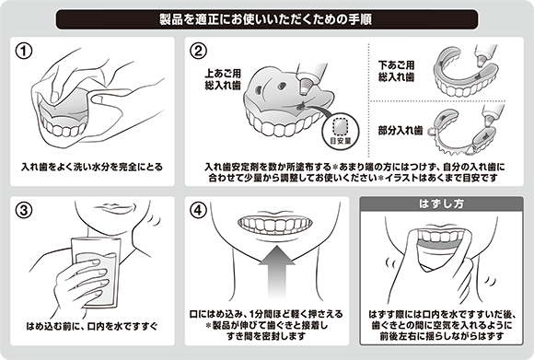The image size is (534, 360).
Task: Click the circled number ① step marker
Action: [24, 52]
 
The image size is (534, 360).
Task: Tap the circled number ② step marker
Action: [198, 52]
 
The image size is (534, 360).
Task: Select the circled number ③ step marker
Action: [24, 210]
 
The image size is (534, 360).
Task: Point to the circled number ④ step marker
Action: [198, 210]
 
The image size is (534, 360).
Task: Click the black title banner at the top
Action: [267, 19]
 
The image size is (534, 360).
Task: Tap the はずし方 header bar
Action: [441, 203]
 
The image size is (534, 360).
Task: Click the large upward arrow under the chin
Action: [277, 272]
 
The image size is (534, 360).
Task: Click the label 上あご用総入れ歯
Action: [223, 79]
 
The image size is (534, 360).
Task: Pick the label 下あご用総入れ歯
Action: [397, 71]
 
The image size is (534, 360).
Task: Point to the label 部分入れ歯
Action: [400, 130]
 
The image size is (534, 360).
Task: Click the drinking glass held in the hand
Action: [96, 273]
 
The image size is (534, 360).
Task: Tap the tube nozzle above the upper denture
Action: [304, 86]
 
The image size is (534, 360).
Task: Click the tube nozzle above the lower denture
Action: [482, 60]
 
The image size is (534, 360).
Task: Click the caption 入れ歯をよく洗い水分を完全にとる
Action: [92, 167]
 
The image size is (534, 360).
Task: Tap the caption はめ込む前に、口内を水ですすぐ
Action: [92, 326]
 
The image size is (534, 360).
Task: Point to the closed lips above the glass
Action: [111, 207]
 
